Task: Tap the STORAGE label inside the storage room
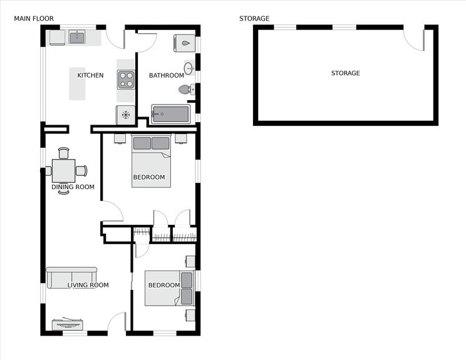pos(345,73)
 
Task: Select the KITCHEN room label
pos(90,76)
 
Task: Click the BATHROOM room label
pos(166,76)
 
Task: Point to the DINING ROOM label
pos(73,187)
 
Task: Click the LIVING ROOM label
pos(88,285)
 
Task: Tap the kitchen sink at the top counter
pos(77,38)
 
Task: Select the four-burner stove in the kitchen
pos(126,80)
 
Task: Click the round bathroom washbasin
pos(189,68)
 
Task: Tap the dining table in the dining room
pos(63,170)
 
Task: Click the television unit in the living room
pos(68,324)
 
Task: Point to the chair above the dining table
pos(63,152)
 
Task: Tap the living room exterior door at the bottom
pos(116,322)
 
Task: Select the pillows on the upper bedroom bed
pos(152,143)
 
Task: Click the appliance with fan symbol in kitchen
pos(125,115)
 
